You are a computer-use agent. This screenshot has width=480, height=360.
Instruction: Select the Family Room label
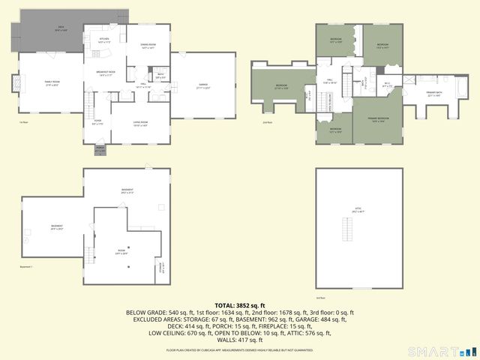52,82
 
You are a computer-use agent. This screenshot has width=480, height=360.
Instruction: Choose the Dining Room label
148,46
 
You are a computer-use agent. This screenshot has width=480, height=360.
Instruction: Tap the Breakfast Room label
104,73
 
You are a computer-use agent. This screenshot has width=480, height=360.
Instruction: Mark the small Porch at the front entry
100,149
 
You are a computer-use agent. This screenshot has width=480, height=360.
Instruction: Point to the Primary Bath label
435,94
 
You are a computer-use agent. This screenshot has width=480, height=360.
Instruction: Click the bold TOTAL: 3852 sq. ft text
240,305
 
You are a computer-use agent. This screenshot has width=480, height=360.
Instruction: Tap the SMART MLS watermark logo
442,351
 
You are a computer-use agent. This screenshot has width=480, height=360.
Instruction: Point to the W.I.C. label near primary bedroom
388,85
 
